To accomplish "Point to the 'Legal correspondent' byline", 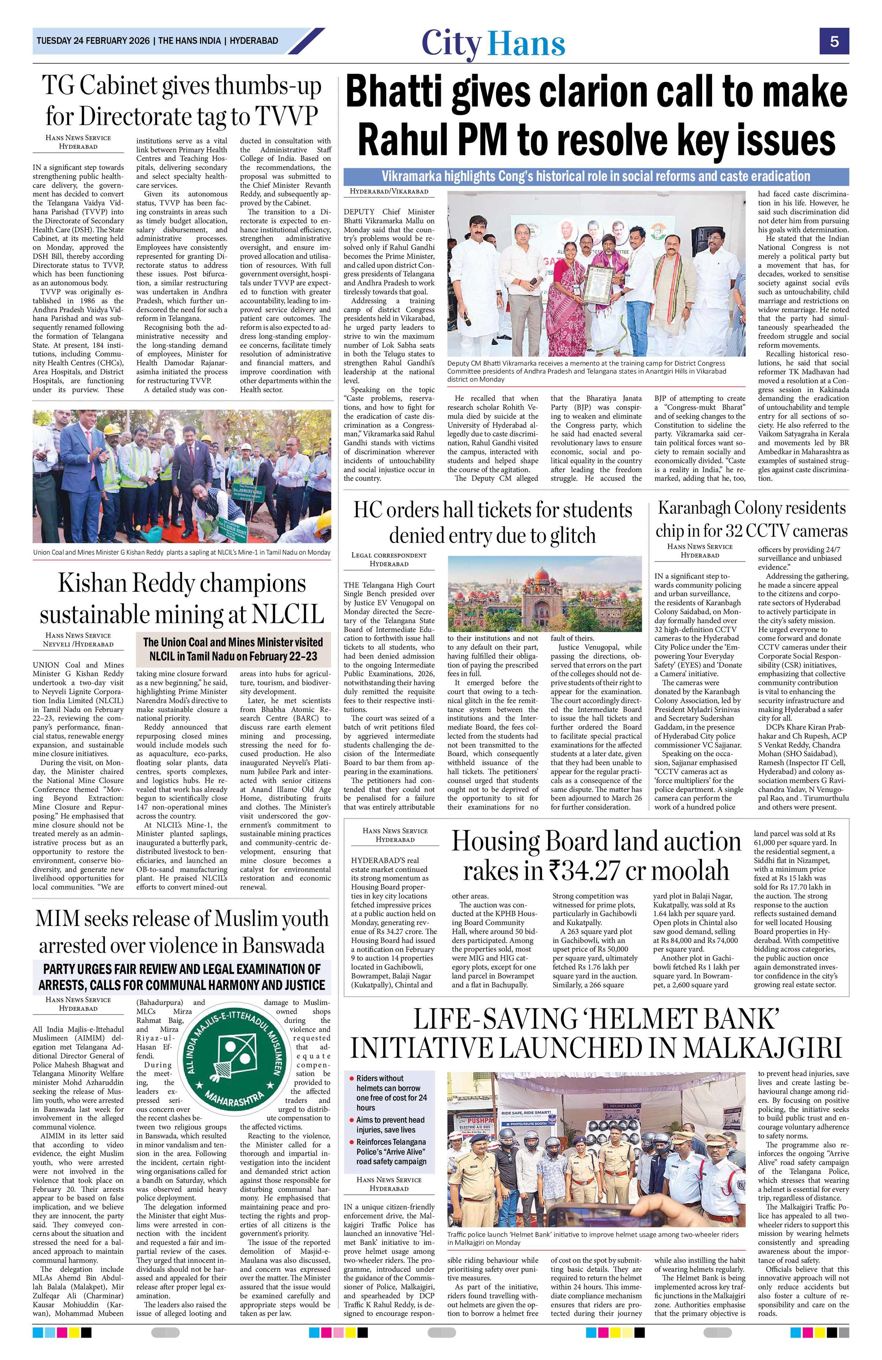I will click(x=389, y=555).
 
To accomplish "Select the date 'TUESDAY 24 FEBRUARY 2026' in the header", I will click(x=92, y=41).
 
